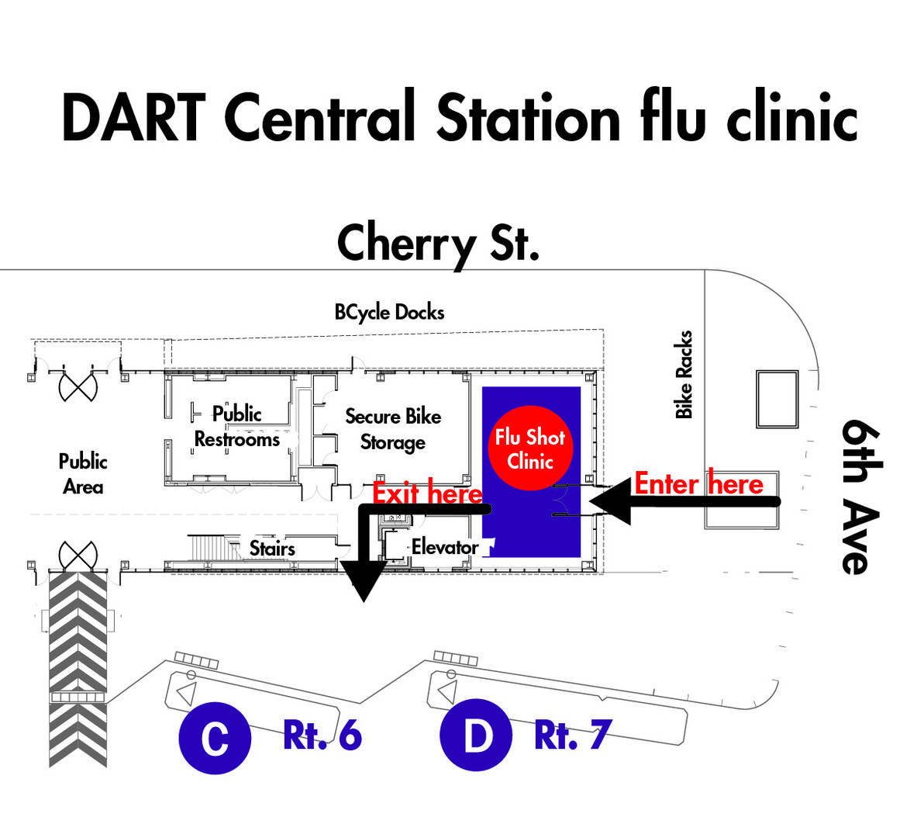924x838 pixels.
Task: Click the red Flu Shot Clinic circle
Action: coord(530,448)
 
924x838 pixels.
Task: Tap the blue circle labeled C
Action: coord(215,738)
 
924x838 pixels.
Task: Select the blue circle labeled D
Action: coord(476,736)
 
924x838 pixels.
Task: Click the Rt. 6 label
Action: coord(322,736)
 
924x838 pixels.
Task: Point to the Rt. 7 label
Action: coord(573,735)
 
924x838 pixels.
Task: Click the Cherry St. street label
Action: coord(438,244)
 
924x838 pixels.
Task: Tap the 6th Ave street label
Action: coord(861,497)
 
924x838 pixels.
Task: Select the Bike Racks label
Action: coord(684,375)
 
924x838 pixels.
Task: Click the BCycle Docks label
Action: coord(389,312)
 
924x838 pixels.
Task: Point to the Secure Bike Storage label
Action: coord(393,429)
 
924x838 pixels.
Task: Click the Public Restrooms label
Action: coord(237,427)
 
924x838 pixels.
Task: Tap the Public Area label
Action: coord(83,473)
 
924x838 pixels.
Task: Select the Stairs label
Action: coord(272,549)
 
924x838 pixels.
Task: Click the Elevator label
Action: coord(445,547)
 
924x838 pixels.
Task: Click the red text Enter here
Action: coord(699,483)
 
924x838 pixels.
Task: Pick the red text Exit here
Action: coord(427,493)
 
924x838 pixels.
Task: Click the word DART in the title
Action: coord(134,118)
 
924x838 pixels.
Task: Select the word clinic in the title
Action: coord(792,116)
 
